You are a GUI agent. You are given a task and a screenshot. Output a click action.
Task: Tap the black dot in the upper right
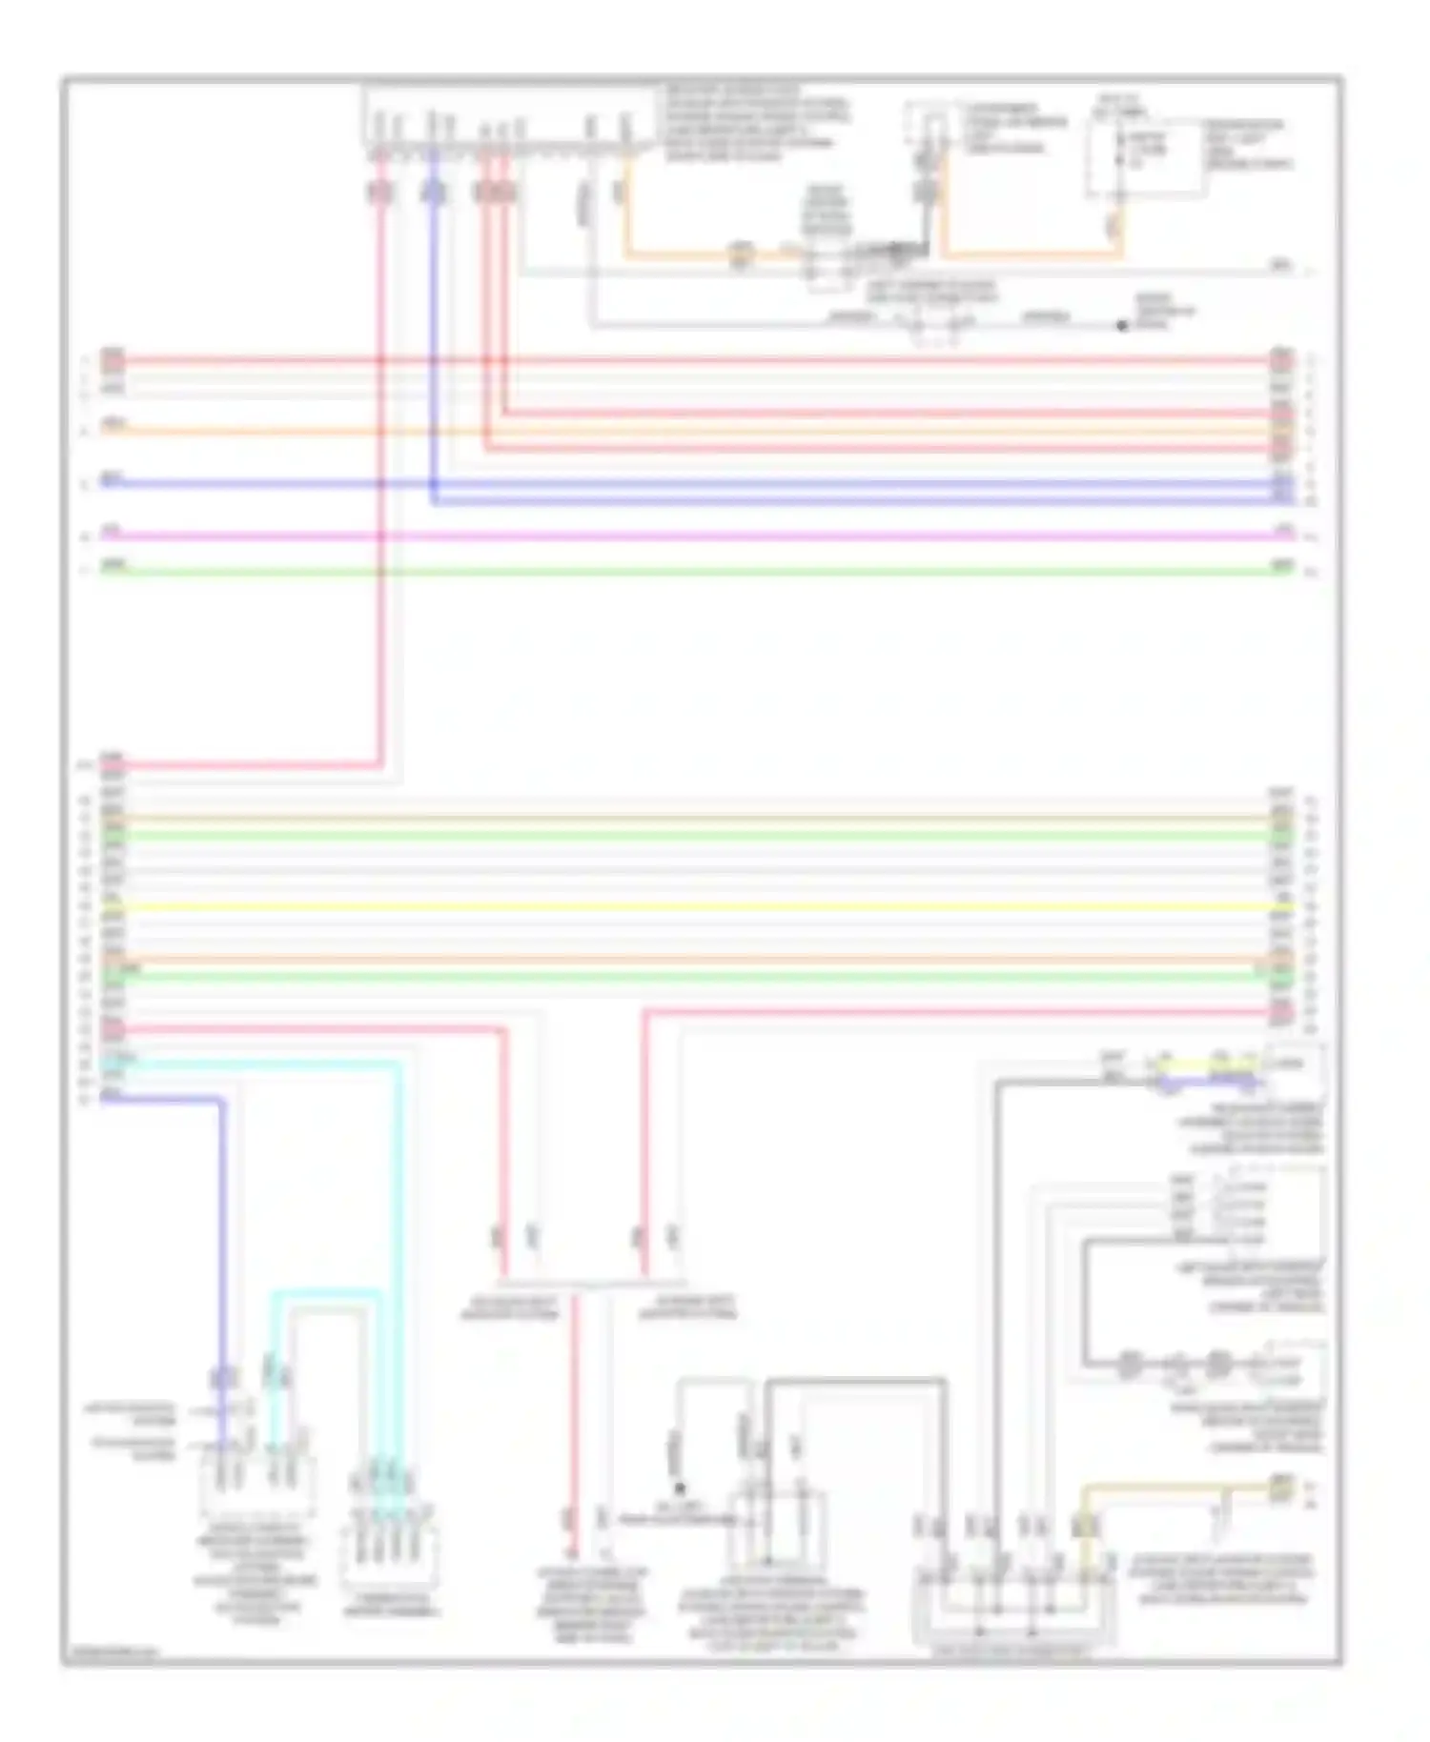pos(1122,326)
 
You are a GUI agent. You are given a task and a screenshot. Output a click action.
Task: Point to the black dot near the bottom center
pos(680,1488)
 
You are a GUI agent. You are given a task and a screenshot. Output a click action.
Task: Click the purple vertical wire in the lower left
pos(223,1239)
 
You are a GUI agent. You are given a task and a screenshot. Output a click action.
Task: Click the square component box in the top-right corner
pos(1144,157)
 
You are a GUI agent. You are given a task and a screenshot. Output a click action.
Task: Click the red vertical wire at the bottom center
pos(574,1410)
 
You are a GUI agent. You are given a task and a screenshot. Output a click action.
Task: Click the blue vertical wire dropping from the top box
pos(434,334)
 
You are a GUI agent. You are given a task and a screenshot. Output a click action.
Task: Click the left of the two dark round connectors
pos(1129,1364)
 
